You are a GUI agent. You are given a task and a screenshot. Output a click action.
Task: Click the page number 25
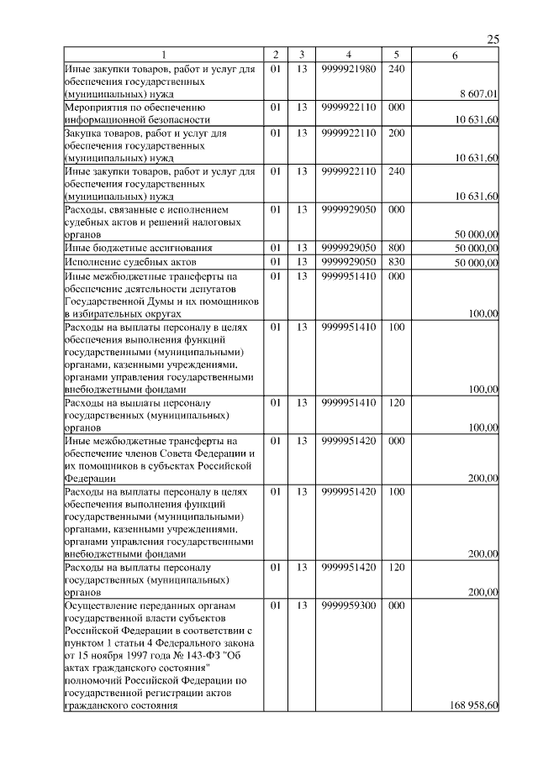493,39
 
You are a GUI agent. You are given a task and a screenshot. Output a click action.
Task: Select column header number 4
347,55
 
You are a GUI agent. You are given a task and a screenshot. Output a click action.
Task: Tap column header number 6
454,55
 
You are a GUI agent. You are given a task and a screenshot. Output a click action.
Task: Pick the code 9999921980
347,68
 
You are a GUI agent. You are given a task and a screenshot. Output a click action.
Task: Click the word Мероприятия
95,108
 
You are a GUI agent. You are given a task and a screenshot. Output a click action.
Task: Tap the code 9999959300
347,605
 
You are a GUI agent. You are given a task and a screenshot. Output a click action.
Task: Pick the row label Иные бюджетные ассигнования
138,248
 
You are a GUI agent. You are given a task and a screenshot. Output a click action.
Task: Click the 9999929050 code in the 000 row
347,209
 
